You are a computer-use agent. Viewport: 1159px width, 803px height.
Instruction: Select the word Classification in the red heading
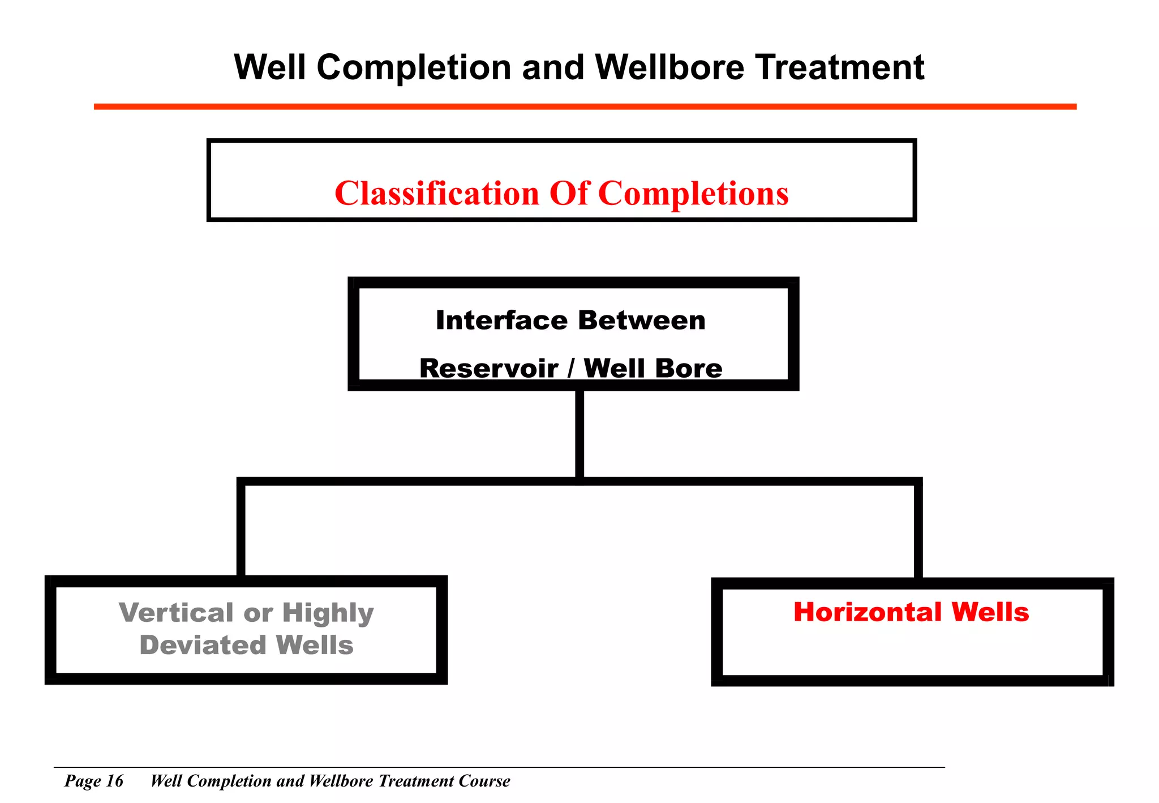437,194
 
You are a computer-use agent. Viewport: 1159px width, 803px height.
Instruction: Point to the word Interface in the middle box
501,321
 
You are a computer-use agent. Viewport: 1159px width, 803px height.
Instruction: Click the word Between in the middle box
642,321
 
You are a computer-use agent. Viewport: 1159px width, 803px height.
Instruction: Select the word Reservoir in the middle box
489,369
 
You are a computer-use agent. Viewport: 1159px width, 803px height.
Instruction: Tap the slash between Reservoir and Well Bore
571,369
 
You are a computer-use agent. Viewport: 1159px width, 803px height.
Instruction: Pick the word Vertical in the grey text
176,613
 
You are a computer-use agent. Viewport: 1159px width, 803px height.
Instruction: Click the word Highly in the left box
328,614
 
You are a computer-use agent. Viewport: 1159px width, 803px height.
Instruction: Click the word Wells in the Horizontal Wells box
990,613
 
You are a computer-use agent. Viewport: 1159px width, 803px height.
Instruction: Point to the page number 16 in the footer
114,781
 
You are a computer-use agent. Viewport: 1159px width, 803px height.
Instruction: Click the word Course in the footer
484,781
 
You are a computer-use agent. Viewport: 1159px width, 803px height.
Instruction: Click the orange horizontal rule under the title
585,106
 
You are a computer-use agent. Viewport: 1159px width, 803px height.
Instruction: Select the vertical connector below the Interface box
579,433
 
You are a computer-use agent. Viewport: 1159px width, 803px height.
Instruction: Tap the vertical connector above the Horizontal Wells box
918,529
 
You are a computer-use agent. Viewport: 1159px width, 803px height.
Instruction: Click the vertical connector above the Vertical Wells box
241,529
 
